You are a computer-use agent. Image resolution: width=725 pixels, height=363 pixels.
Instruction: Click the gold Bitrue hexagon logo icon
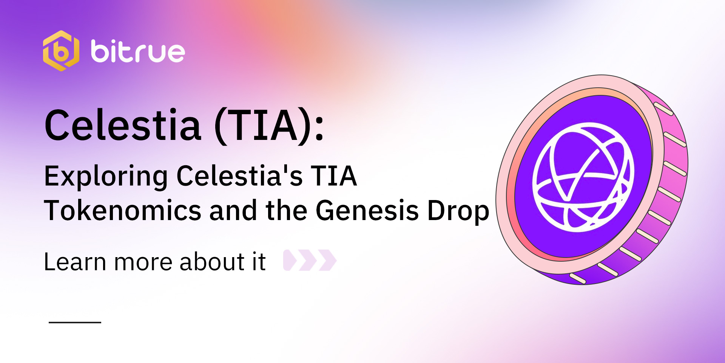(61, 51)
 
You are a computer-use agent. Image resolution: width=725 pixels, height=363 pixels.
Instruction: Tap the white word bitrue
(138, 51)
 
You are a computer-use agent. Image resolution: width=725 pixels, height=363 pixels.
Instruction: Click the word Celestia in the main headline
(123, 125)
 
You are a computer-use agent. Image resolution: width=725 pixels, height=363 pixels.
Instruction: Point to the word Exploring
(106, 176)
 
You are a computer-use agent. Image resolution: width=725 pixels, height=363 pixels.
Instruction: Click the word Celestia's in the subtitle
(239, 176)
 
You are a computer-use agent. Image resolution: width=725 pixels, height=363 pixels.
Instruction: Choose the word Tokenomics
(123, 211)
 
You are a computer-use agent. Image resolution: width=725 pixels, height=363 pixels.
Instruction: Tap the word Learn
(75, 262)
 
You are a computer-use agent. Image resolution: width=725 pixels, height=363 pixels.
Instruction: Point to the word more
(142, 262)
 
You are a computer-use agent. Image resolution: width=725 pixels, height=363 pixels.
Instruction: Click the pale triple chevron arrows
(310, 260)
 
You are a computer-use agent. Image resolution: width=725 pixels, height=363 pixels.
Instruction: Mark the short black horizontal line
(75, 323)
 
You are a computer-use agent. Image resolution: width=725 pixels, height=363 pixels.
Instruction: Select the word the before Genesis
(287, 211)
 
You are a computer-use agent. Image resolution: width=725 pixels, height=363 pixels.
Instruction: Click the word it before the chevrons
(259, 262)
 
